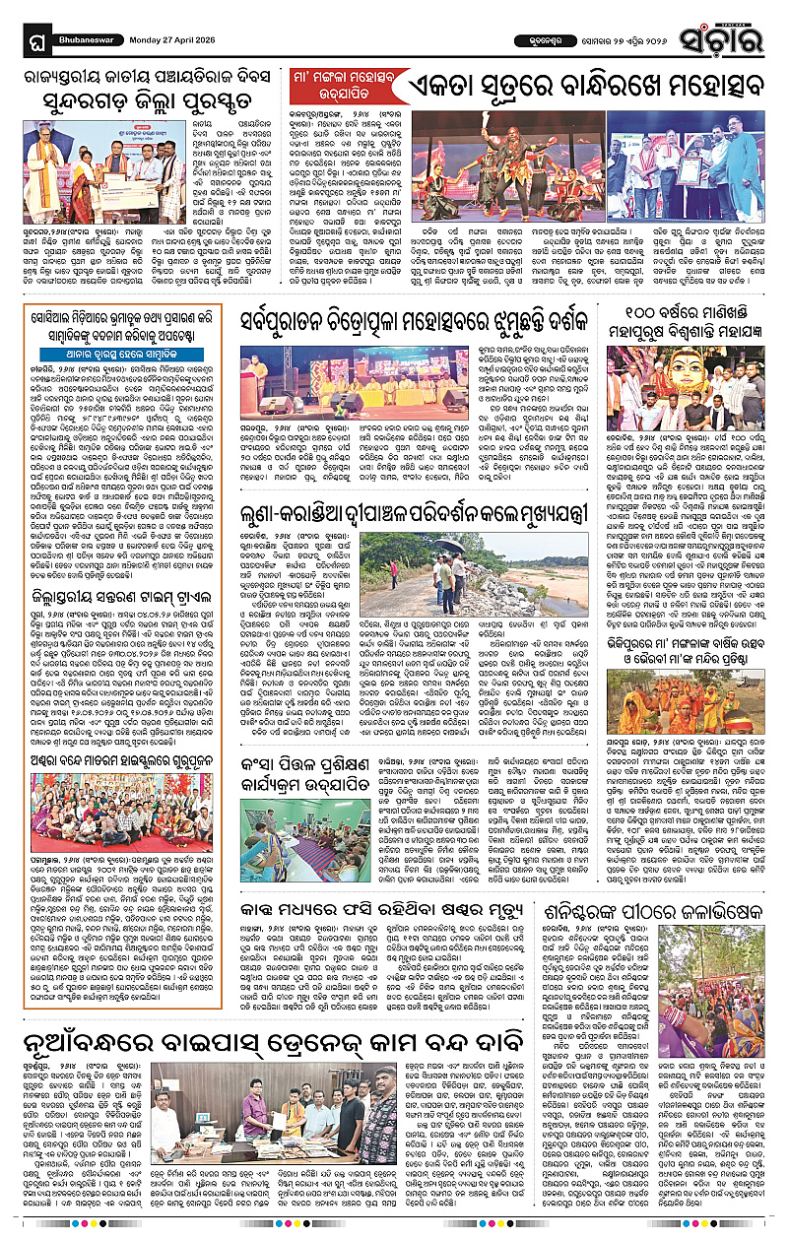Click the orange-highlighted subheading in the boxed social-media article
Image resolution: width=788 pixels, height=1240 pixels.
122,348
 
